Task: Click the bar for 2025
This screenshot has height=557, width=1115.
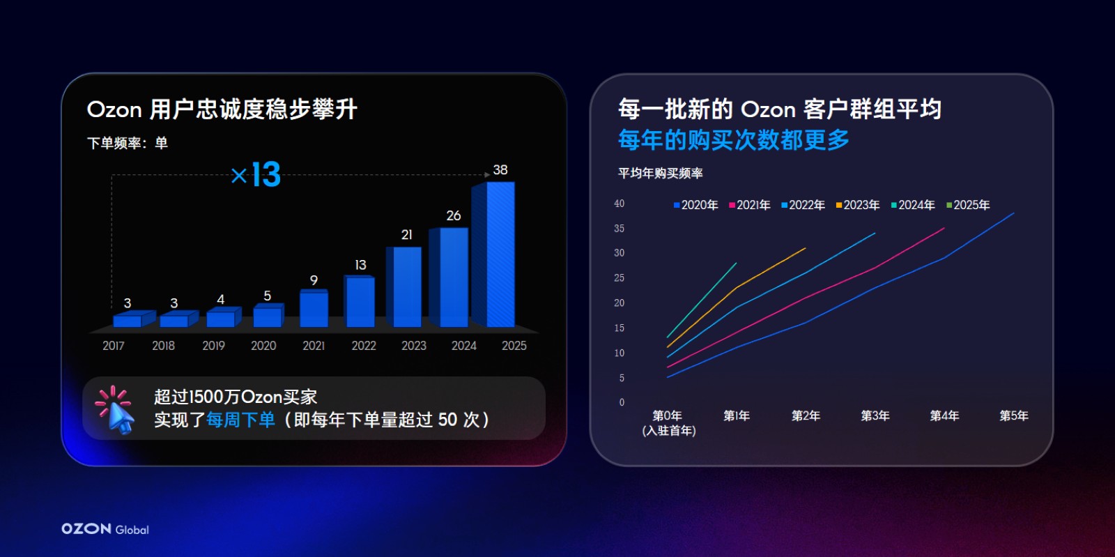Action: point(494,254)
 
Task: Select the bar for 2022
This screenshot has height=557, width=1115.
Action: point(360,301)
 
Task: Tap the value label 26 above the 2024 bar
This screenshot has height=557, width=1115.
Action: point(454,215)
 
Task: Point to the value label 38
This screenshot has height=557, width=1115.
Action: point(500,169)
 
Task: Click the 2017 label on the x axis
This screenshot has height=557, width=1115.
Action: point(114,346)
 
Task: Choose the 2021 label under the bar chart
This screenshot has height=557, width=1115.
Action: point(314,346)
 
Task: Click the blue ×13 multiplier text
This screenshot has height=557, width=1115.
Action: point(256,175)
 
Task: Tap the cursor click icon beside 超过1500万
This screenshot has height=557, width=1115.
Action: point(114,409)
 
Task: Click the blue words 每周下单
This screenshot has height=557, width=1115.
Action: point(240,420)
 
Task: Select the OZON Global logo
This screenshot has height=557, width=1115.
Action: point(105,528)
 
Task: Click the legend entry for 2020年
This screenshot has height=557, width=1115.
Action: point(696,205)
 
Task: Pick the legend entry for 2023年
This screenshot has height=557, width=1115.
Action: point(858,205)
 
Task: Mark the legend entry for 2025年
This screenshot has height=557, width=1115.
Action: point(968,205)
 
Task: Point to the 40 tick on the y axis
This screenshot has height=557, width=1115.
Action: point(620,204)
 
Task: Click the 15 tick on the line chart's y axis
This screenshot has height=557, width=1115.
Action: point(620,328)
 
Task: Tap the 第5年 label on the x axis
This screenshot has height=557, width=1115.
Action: point(1014,415)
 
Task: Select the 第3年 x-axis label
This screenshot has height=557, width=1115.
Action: point(875,415)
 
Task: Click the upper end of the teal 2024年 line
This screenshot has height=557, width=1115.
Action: point(736,263)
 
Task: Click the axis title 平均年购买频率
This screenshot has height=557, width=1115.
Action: point(661,173)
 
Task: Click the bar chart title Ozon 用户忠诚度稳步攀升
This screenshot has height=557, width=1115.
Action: point(222,109)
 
